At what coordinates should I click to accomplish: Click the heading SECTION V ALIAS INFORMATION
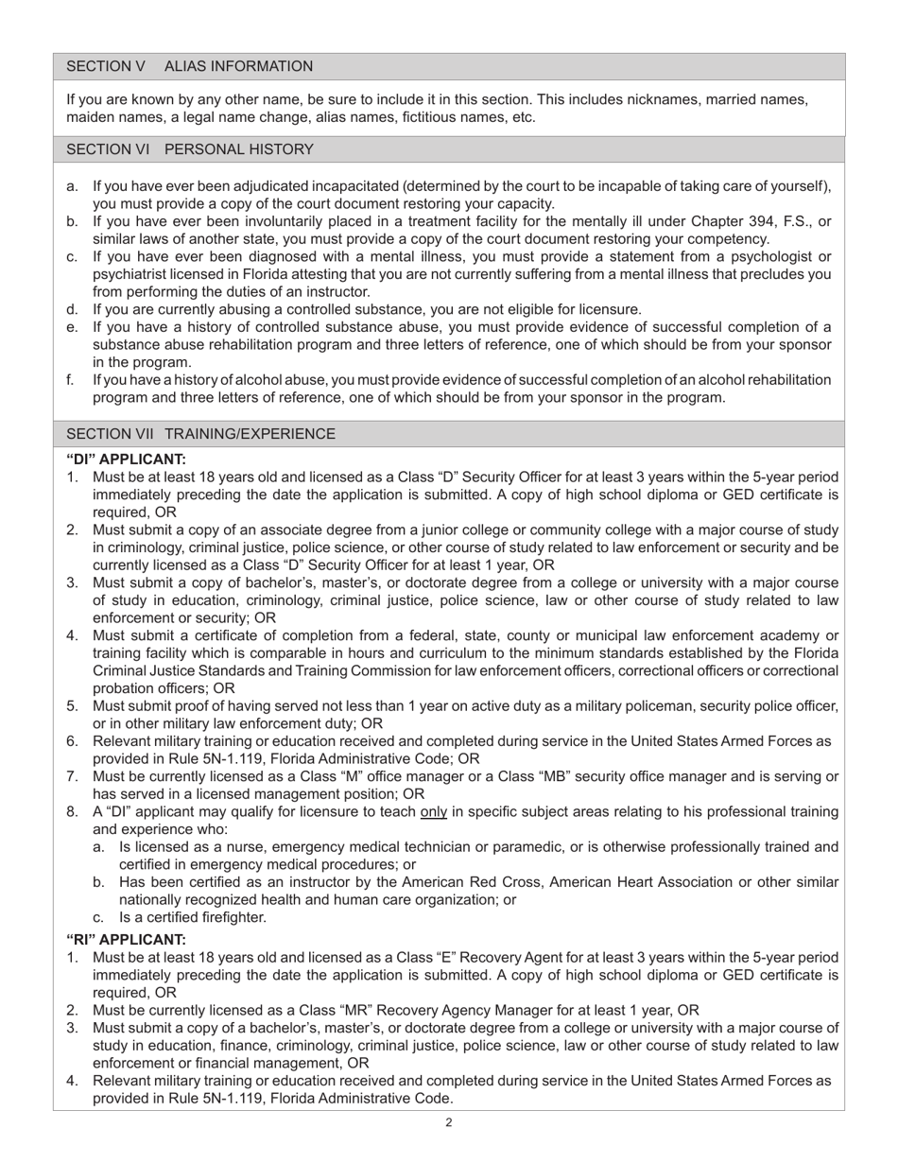[189, 66]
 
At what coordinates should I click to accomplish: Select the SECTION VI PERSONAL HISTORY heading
[189, 149]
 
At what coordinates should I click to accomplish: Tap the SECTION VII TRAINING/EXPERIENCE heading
[200, 434]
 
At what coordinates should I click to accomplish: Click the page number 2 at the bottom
[449, 1123]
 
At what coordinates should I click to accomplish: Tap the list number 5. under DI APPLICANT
[73, 705]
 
